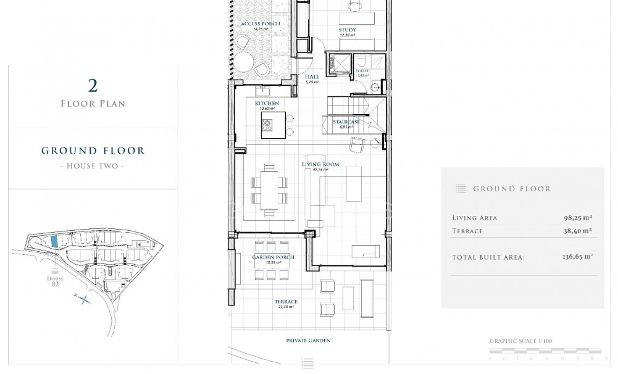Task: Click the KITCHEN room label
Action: pos(267,103)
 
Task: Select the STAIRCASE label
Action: pos(346,122)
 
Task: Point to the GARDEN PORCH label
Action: pos(273,257)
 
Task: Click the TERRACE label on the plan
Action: pos(286,302)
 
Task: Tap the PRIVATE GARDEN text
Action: pos(308,340)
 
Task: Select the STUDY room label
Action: pos(347,30)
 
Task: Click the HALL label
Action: pos(311,77)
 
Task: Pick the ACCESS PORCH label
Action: pos(261,23)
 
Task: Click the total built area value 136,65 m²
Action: pos(574,257)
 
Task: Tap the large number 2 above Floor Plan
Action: pos(93,85)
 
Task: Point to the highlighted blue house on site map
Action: pos(54,242)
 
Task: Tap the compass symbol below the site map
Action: pos(83,299)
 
